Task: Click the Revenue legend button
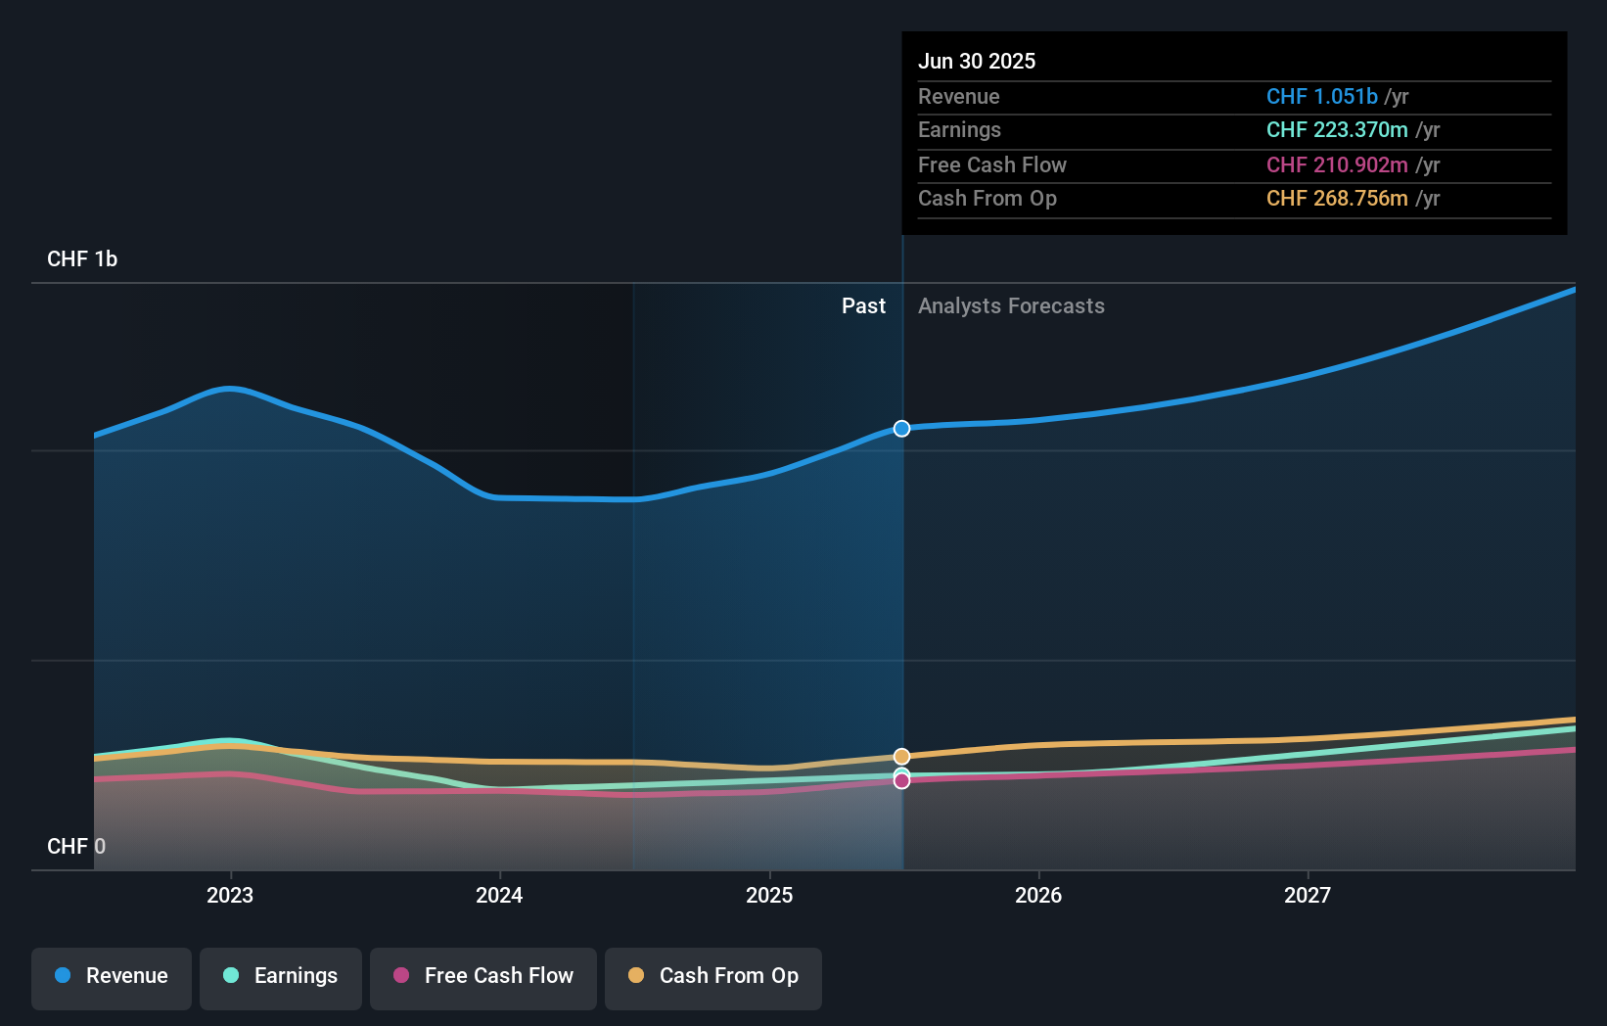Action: point(112,976)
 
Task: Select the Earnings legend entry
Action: point(281,976)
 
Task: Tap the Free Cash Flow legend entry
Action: point(483,976)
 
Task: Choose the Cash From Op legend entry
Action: point(713,976)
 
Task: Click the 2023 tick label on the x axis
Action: point(230,895)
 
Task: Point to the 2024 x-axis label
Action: point(499,895)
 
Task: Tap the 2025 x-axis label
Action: point(769,895)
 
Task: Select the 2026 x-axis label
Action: point(1038,895)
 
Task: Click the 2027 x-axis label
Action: point(1308,895)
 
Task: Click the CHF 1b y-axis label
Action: point(82,259)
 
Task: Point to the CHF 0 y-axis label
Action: point(76,846)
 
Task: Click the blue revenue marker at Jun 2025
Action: point(901,429)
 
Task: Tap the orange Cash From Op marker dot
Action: point(901,756)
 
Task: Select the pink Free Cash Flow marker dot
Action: point(901,781)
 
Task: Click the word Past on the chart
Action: point(863,306)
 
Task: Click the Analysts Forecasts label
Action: point(1011,306)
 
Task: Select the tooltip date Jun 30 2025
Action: point(976,61)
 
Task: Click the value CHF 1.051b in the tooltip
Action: point(1321,96)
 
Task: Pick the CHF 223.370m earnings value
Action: point(1337,130)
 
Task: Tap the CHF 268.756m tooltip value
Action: point(1337,199)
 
